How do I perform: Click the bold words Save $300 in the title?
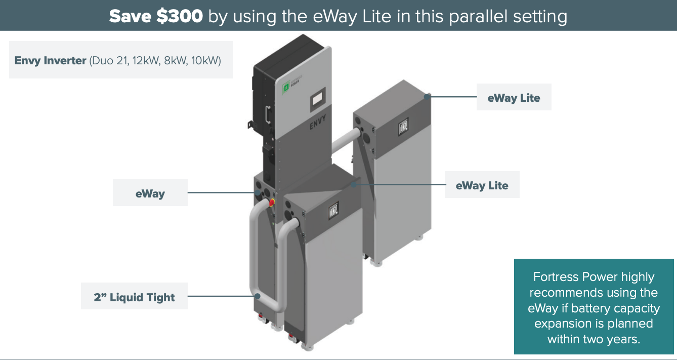point(156,16)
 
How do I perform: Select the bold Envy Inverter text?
point(51,61)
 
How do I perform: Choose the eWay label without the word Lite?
point(150,193)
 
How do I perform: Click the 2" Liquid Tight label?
point(134,297)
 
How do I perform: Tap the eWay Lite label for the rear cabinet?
point(514,98)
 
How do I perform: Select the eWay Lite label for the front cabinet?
point(482,185)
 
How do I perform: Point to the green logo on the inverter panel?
point(285,89)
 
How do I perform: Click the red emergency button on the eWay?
point(271,202)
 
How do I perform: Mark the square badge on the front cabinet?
point(334,212)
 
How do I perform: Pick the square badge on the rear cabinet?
point(403,125)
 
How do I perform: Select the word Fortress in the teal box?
point(555,277)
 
